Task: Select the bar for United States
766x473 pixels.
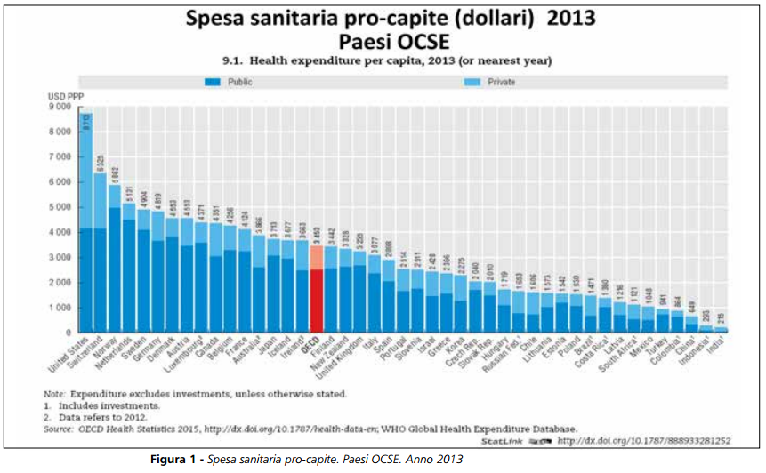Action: coord(86,222)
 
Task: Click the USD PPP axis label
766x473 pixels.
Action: coord(60,95)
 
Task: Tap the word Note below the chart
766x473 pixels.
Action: coord(53,393)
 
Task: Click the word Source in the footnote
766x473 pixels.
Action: coord(58,429)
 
